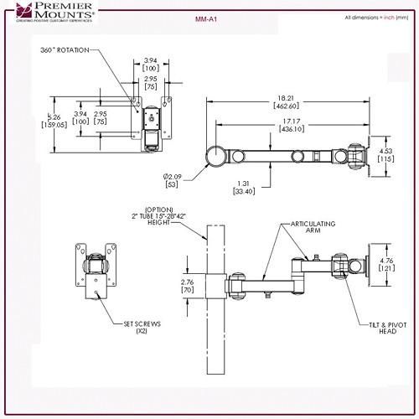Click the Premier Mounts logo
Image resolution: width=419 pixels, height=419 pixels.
49,13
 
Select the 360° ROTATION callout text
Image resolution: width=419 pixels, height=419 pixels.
65,50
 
